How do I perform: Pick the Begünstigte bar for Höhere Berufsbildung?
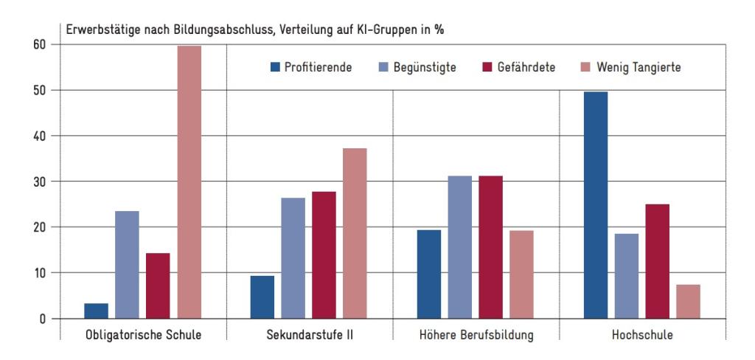click(x=460, y=247)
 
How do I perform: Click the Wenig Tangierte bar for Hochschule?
click(x=688, y=302)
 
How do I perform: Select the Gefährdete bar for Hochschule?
click(x=657, y=261)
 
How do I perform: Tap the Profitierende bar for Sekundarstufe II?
click(x=262, y=297)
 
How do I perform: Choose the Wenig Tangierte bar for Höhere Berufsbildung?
click(x=521, y=274)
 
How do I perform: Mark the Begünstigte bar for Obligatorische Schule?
click(x=127, y=265)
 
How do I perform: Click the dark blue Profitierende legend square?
click(x=275, y=67)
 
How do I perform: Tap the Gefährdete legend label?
click(x=526, y=67)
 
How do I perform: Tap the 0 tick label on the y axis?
click(x=43, y=319)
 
